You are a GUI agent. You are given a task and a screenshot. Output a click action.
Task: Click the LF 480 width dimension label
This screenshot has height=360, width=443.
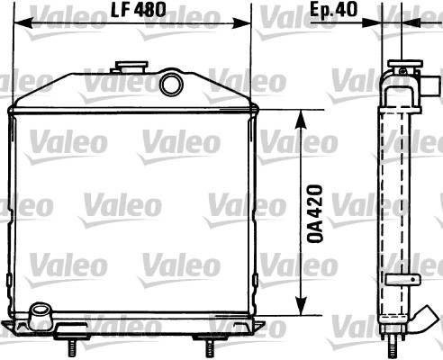click(x=139, y=10)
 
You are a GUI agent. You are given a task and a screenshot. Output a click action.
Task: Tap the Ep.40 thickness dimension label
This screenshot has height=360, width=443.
click(x=333, y=10)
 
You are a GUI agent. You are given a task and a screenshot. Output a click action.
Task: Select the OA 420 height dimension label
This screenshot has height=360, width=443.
click(x=315, y=213)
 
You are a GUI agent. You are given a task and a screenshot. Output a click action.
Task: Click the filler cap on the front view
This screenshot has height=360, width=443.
click(x=131, y=67)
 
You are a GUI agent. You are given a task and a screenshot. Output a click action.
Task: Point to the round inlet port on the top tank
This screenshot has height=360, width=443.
click(x=171, y=84)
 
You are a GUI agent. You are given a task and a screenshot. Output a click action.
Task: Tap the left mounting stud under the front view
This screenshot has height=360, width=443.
click(x=73, y=347)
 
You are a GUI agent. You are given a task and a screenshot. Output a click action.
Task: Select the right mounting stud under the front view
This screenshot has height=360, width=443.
click(x=209, y=347)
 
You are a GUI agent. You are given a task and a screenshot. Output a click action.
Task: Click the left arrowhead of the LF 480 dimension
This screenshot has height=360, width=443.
click(x=23, y=22)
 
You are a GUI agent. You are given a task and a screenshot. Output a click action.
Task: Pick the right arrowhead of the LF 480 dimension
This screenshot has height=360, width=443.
click(x=240, y=22)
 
